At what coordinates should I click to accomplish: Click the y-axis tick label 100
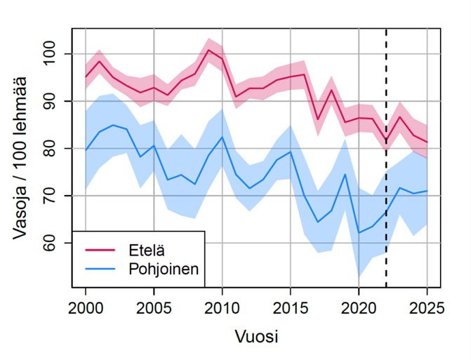click(x=54, y=54)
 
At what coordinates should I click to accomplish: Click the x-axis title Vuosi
click(x=256, y=336)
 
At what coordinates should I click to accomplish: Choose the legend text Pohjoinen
click(x=164, y=268)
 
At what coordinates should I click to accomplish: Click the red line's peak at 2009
click(x=208, y=50)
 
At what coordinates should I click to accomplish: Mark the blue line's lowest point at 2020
click(x=359, y=232)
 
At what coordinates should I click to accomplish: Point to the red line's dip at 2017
click(x=318, y=120)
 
